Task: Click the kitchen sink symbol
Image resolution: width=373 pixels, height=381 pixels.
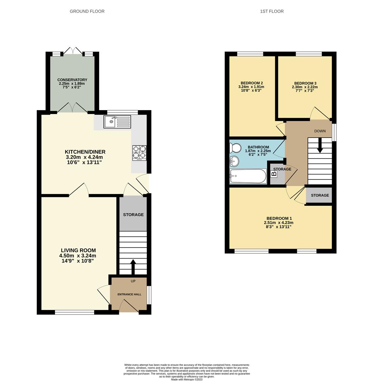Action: pyautogui.click(x=117, y=122)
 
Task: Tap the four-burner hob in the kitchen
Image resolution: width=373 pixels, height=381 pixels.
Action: pyautogui.click(x=139, y=153)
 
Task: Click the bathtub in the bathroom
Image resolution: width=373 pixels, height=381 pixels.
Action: pyautogui.click(x=248, y=176)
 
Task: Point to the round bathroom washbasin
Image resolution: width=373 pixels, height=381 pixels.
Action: pyautogui.click(x=234, y=162)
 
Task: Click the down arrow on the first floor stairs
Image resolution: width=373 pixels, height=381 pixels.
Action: pyautogui.click(x=320, y=145)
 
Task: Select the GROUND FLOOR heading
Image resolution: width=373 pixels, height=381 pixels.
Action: pyautogui.click(x=87, y=11)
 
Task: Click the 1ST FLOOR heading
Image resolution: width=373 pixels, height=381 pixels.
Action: pyautogui.click(x=272, y=11)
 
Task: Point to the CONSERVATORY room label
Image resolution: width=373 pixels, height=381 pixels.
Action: pyautogui.click(x=72, y=80)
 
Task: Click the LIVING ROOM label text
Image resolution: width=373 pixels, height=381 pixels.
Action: pyautogui.click(x=78, y=250)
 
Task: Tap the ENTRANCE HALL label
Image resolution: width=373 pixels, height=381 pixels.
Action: pyautogui.click(x=129, y=294)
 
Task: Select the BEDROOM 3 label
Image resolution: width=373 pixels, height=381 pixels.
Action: pyautogui.click(x=305, y=83)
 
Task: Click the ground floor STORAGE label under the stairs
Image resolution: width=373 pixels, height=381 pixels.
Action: pyautogui.click(x=133, y=214)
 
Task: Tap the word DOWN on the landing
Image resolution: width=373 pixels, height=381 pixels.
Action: pyautogui.click(x=320, y=131)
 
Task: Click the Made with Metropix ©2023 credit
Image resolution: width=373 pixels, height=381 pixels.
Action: pyautogui.click(x=187, y=379)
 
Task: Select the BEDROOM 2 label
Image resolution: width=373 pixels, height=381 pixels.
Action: pyautogui.click(x=251, y=83)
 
